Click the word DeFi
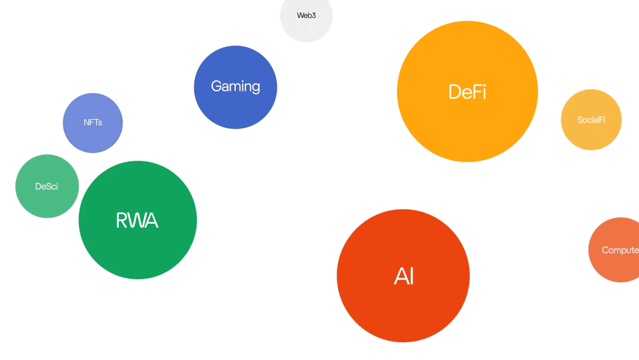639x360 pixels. (467, 92)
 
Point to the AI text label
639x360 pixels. (404, 276)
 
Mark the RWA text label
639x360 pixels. (137, 221)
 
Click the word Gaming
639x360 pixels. (235, 86)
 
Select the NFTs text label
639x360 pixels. (93, 122)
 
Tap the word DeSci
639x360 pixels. (47, 187)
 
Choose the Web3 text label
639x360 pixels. (306, 15)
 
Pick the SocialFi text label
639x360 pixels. (591, 120)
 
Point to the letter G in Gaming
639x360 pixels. (217, 86)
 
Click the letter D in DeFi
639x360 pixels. (454, 92)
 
